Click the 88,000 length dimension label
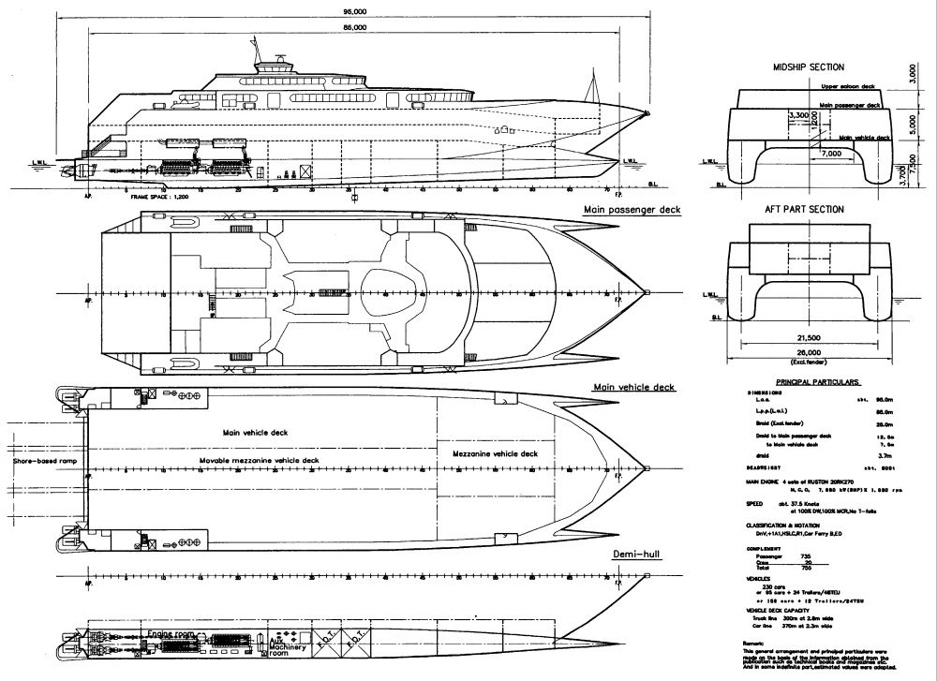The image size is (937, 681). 354,29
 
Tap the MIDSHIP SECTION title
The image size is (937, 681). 808,68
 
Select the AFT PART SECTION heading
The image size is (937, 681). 808,210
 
